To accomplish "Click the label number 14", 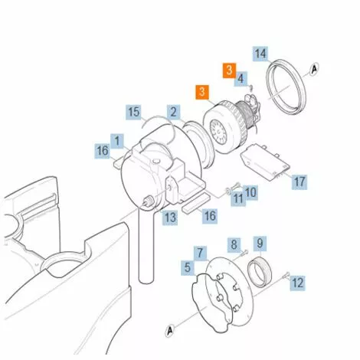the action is [260, 54].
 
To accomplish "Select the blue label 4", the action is [241, 79].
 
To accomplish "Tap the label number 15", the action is [134, 112].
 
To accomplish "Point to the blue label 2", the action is [174, 112].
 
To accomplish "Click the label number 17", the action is [299, 182].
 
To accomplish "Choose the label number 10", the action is [250, 192].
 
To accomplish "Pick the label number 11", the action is [238, 198].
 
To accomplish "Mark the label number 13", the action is [170, 218].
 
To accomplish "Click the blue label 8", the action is [234, 244].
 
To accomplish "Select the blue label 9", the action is [260, 243].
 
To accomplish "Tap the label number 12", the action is [297, 283].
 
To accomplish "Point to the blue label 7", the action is [200, 253].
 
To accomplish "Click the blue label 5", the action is [188, 268].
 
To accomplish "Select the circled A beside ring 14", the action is [314, 69].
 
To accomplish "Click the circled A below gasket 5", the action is [169, 331].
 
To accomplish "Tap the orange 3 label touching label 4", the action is [229, 70].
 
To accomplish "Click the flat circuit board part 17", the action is [265, 162].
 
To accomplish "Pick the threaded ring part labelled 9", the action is [260, 272].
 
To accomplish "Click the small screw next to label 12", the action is [286, 275].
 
